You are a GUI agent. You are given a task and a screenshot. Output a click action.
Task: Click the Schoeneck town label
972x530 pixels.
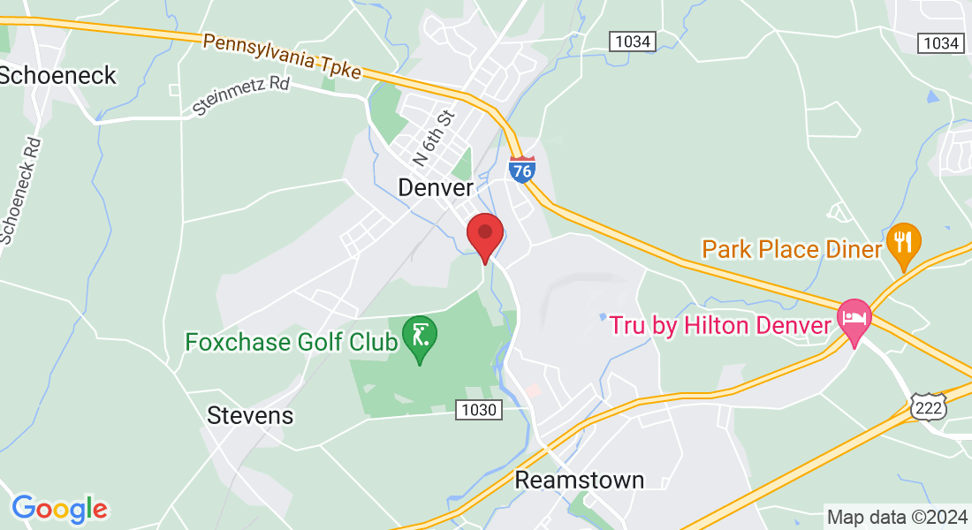[x=58, y=75]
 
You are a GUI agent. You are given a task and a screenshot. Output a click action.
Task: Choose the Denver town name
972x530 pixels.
[x=436, y=187]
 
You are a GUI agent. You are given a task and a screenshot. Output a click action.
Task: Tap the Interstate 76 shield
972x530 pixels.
[x=522, y=169]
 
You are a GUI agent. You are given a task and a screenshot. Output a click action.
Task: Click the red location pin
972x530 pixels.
[x=484, y=234]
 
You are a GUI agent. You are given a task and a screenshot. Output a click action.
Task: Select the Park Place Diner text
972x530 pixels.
[x=792, y=249]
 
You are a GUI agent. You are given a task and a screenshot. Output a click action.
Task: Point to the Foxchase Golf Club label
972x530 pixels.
[x=292, y=342]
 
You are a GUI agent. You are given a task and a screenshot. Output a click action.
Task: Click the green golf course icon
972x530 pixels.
[x=419, y=335]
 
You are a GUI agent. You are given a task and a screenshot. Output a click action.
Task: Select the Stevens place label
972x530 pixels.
[x=250, y=415]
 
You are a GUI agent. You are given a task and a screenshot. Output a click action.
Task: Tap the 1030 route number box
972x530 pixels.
[x=480, y=410]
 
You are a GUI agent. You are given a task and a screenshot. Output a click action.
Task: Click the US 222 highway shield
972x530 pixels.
[x=929, y=405]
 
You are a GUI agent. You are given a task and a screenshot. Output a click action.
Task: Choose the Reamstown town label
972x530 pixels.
[x=579, y=480]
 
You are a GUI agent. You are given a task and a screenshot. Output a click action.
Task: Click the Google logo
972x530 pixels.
[x=59, y=509]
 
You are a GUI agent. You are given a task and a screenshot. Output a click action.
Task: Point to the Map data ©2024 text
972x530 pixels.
[x=894, y=517]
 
